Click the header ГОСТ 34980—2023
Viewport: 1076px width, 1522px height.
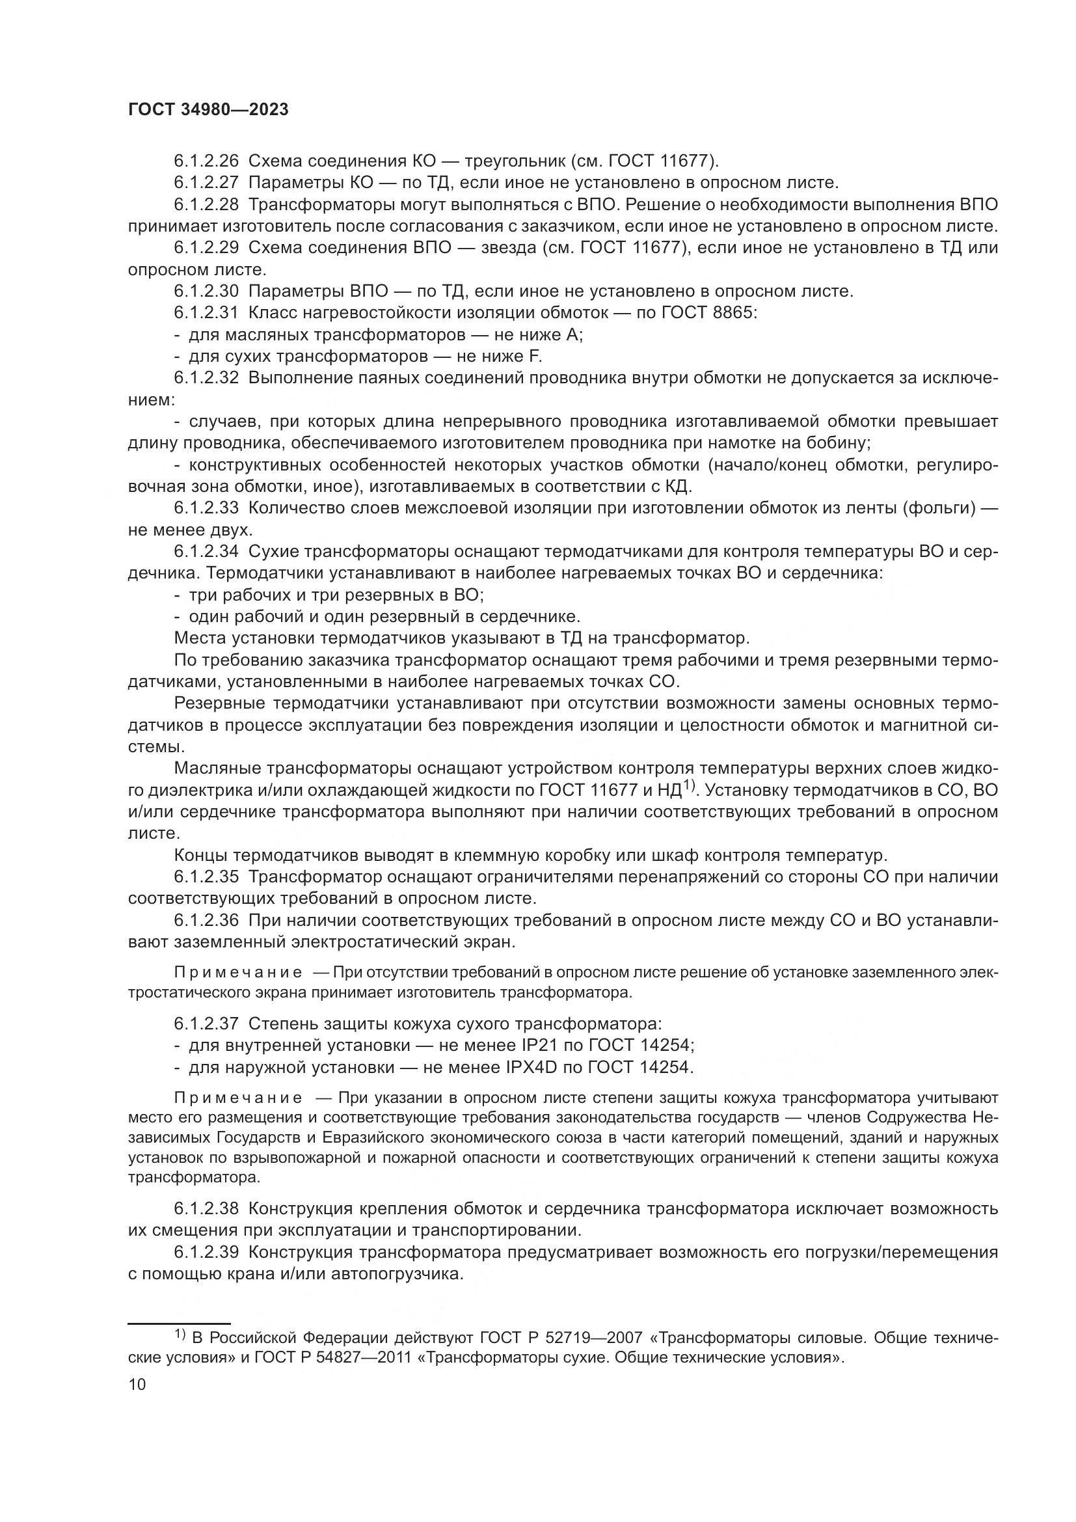[208, 110]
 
